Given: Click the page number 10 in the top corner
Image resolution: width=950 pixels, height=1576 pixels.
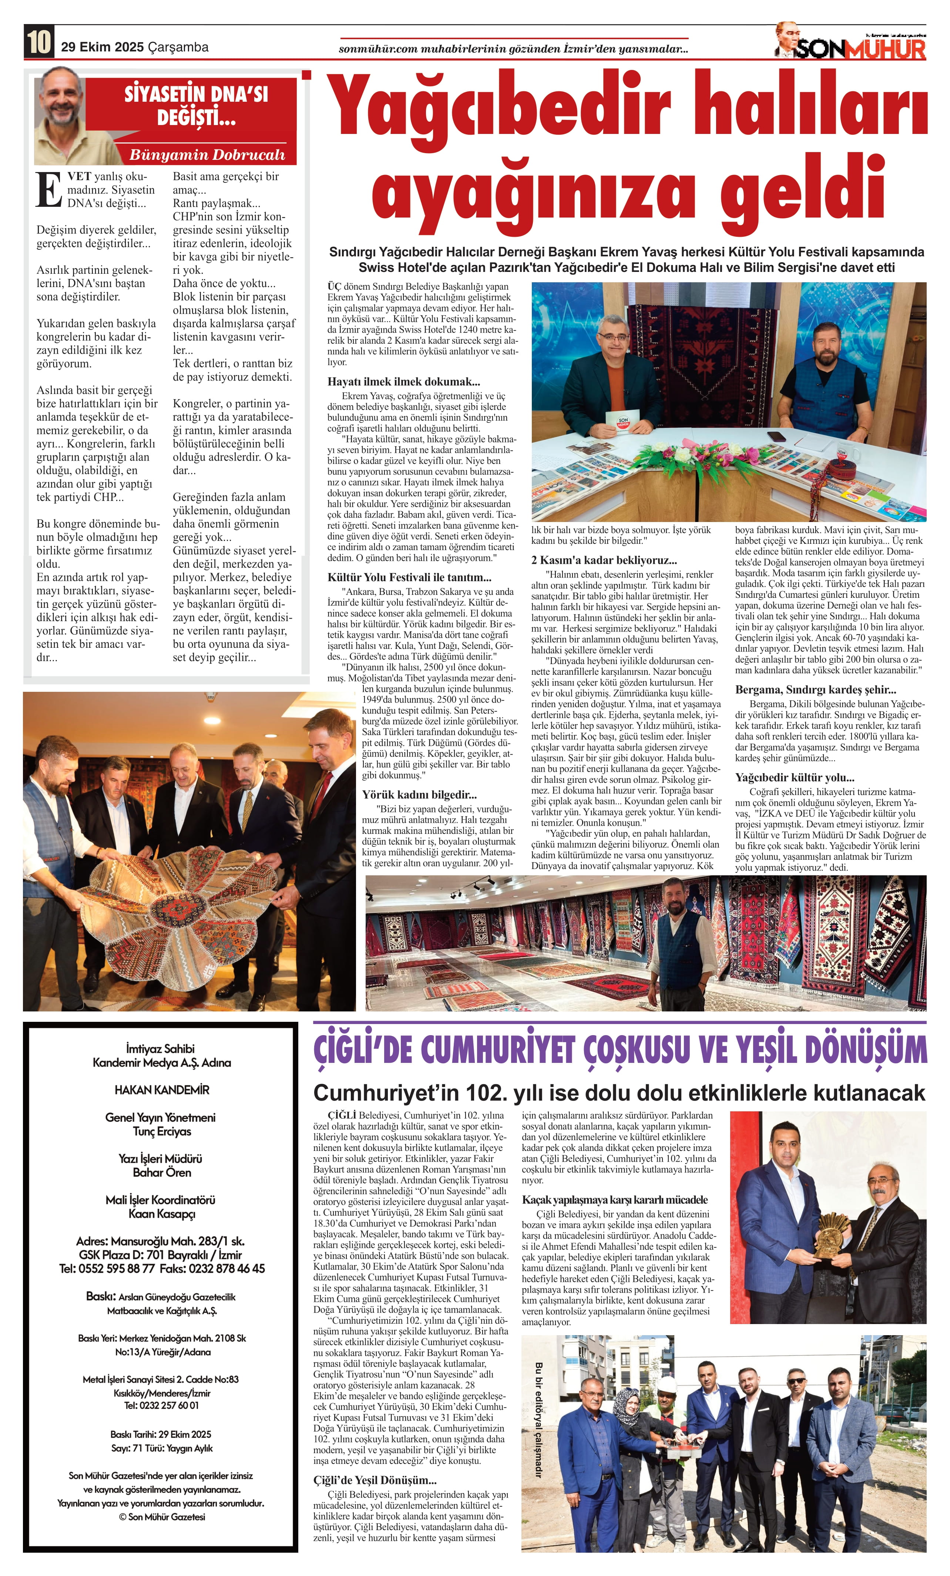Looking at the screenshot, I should point(38,44).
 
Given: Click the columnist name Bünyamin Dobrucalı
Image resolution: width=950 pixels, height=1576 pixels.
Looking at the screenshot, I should point(207,155).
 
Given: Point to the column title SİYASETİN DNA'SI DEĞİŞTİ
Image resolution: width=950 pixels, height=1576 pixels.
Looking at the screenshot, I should point(195,105).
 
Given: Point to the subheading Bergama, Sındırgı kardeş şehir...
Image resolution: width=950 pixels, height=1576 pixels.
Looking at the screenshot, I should point(815,690).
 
